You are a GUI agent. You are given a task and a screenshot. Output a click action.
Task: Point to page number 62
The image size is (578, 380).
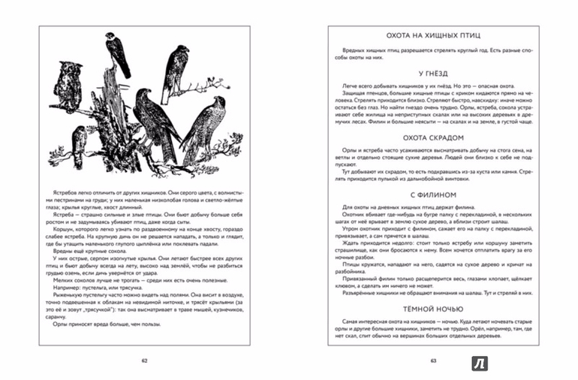pyautogui.click(x=145, y=360)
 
